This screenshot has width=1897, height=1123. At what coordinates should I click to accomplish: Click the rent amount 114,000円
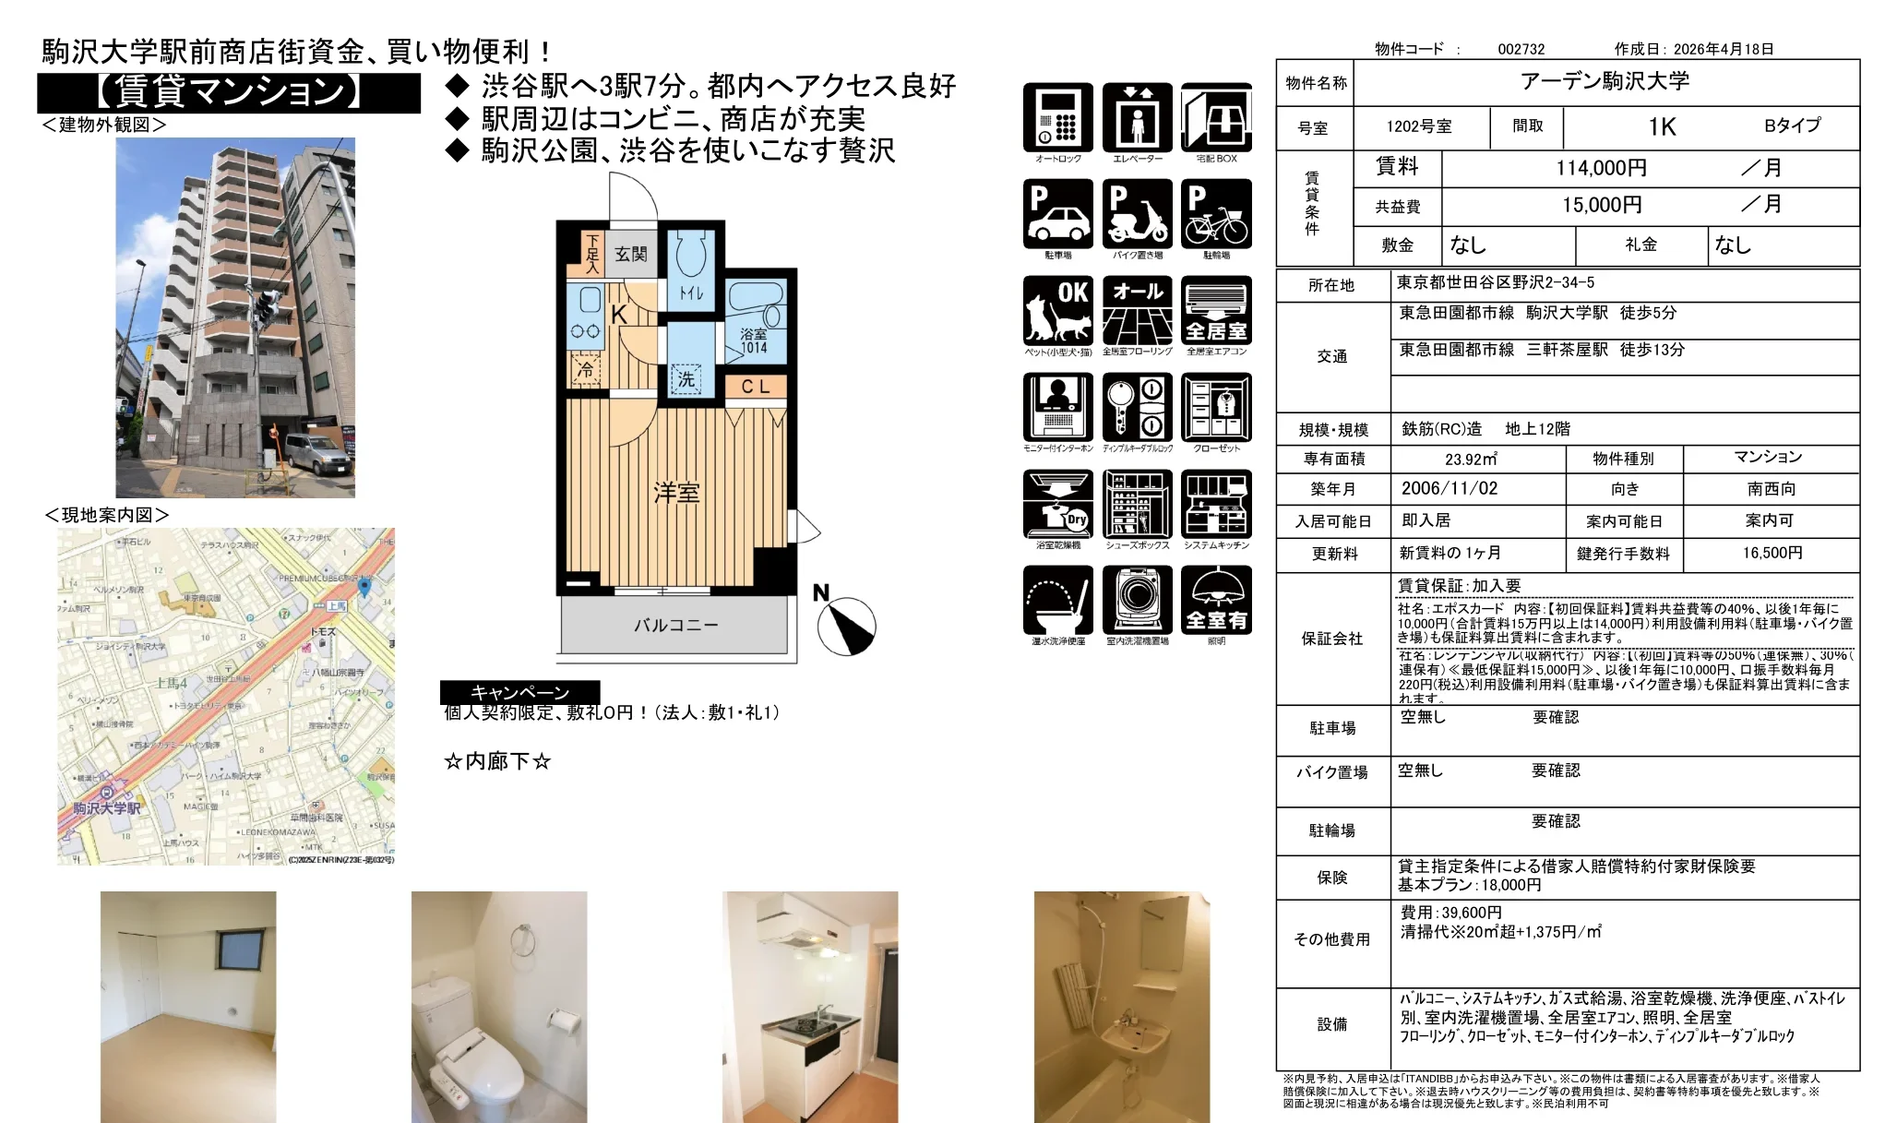1601,168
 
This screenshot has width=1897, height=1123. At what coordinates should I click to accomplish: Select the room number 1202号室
1418,126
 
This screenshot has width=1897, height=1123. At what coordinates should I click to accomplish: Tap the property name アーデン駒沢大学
1605,81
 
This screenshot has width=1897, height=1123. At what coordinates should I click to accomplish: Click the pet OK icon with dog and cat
1057,311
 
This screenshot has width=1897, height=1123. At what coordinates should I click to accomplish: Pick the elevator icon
1137,117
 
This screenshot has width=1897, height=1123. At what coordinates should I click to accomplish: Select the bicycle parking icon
1216,214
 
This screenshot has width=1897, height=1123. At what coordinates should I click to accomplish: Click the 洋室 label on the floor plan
676,493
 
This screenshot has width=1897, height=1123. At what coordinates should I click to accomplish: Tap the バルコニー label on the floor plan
675,626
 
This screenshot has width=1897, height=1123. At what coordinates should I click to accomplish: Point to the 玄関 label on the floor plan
631,254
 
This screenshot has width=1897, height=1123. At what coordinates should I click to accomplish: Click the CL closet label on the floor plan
755,387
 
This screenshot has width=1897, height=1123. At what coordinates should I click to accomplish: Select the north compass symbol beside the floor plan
845,624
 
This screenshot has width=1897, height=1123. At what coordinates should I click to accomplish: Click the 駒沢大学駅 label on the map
108,808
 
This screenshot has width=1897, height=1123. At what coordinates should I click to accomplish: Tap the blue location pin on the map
364,585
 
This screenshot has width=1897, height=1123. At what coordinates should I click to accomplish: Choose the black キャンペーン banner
519,692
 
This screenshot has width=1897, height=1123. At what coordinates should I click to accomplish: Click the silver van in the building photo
317,451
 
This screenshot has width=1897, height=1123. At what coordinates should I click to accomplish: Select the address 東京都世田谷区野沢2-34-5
1495,282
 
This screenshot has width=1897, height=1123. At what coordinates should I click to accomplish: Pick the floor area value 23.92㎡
1471,459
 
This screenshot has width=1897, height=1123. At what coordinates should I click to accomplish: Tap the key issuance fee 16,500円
1772,553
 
